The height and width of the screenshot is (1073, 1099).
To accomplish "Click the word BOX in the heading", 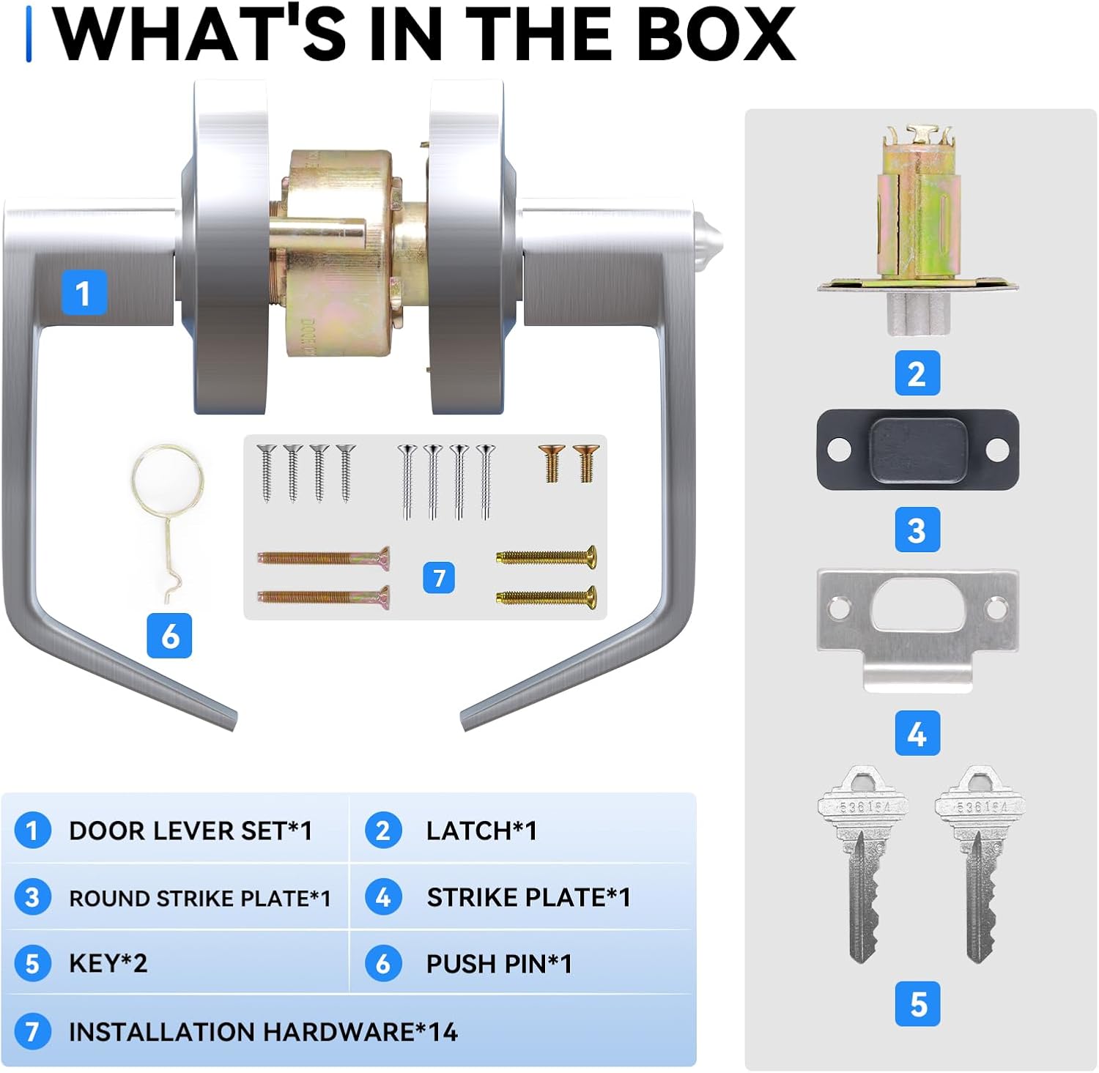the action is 716,34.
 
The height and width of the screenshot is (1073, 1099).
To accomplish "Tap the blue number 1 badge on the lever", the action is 84,293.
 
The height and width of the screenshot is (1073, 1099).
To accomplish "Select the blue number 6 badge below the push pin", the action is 169,636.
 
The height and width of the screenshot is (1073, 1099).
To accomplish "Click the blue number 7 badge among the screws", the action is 439,578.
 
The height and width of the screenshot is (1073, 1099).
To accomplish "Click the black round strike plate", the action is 917,450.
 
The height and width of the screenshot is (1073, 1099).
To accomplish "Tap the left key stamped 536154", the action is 863,864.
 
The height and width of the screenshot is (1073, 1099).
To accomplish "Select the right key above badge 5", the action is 980,864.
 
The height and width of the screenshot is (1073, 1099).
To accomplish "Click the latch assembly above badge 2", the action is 917,231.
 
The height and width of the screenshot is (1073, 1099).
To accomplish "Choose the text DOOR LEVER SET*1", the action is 190,831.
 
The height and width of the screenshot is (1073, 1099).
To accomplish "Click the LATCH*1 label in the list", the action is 481,831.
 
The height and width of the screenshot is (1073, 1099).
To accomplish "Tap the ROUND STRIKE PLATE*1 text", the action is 199,898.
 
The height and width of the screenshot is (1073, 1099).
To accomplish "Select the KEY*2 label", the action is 108,963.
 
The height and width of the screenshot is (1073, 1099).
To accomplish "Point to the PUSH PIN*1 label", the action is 499,964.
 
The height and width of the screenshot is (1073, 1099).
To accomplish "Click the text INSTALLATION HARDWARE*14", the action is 263,1032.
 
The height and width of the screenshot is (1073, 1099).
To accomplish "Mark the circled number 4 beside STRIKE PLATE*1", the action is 383,897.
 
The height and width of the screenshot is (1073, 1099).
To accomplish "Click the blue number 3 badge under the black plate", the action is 917,530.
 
